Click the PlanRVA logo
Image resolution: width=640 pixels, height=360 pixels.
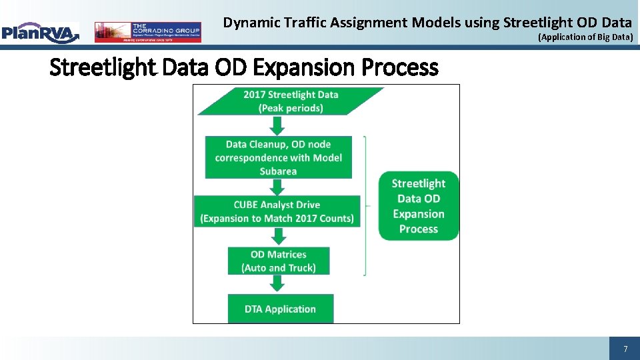pos(40,32)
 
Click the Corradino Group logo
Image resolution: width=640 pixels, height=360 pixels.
pos(147,32)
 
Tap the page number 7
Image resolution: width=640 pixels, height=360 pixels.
pos(625,349)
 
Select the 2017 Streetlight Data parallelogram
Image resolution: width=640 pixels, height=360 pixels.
pos(291,101)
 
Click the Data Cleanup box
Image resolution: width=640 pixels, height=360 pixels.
pos(278,157)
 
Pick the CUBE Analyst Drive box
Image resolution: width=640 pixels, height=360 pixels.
pos(277,211)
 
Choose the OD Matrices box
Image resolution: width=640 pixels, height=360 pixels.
pos(278,261)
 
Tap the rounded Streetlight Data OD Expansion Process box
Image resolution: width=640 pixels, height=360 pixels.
pos(419,206)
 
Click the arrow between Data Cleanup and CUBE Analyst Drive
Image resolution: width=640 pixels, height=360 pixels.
pos(277,187)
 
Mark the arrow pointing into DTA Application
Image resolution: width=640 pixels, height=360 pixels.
pos(277,283)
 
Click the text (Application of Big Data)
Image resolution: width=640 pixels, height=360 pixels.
pos(585,37)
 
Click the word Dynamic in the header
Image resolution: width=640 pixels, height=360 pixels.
pos(248,23)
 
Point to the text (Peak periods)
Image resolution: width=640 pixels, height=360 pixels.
pos(291,108)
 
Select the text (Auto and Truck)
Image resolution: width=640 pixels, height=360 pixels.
pos(278,268)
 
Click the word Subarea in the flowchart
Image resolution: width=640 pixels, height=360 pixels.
pos(278,171)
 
